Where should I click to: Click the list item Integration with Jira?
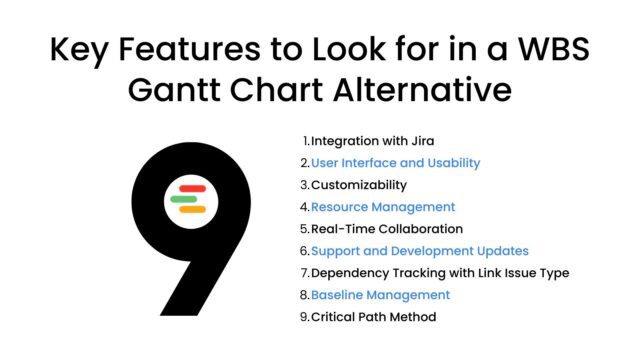tap(365, 140)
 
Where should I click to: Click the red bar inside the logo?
tap(191, 188)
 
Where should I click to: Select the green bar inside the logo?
tap(185, 199)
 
